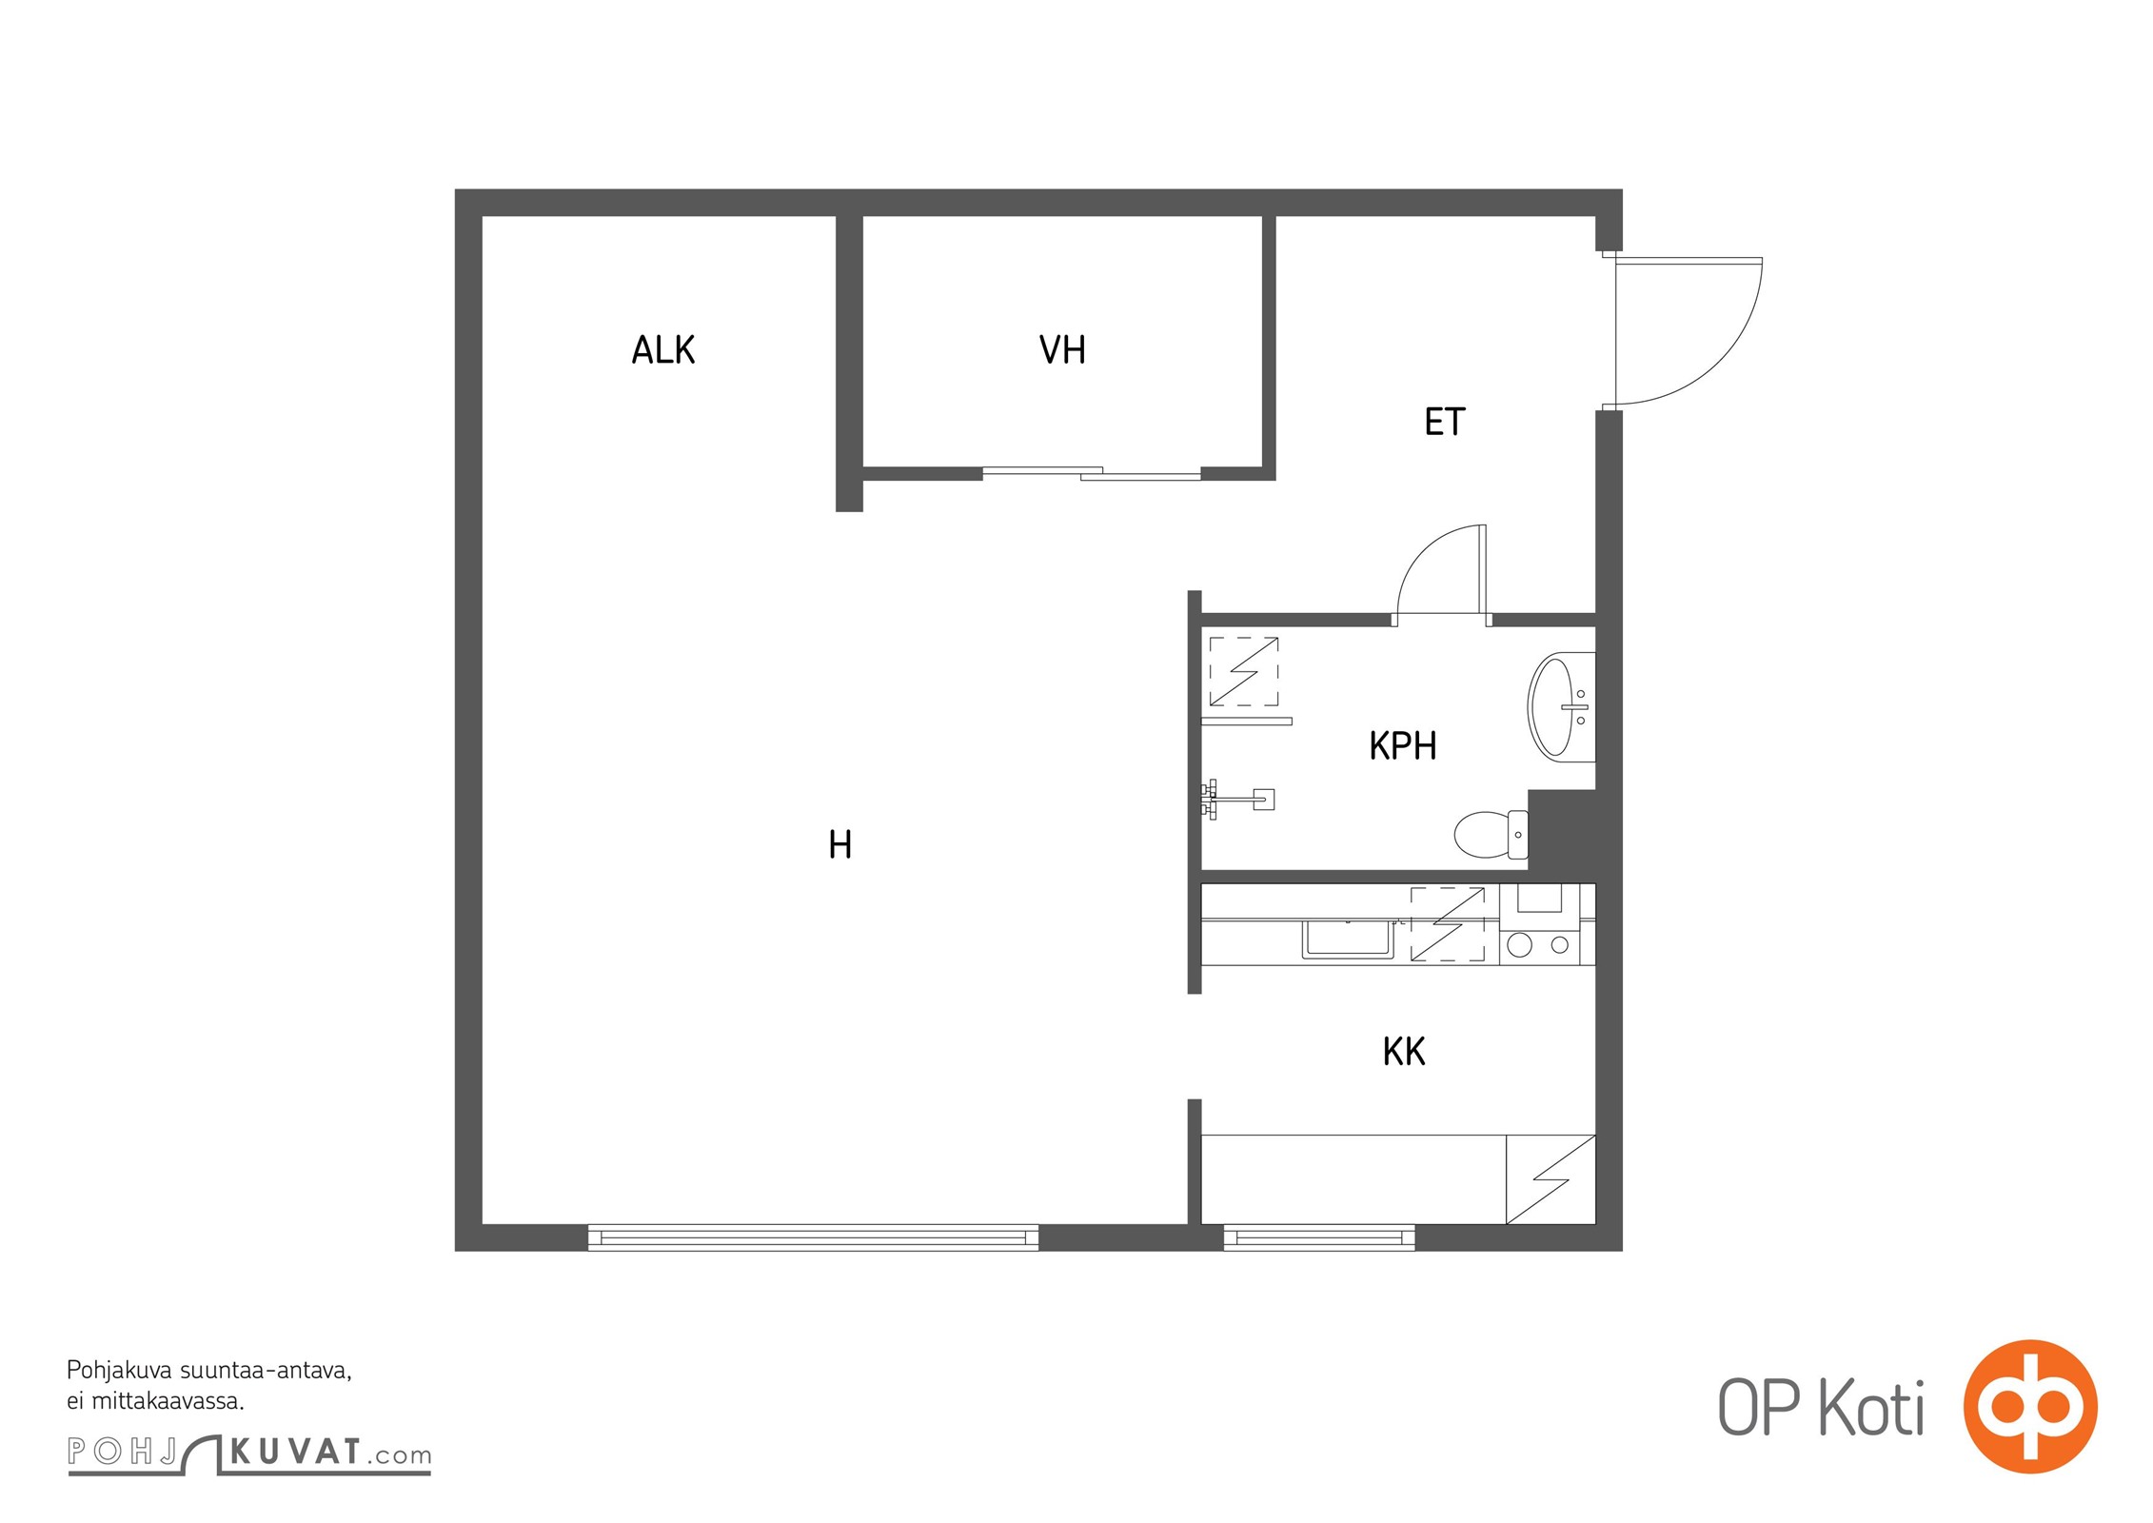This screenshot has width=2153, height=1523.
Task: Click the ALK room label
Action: coord(663,349)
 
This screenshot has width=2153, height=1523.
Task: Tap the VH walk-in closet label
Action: coord(1062,349)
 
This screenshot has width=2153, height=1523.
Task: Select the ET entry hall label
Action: coord(1444,422)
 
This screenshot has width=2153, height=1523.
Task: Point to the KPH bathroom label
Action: coord(1402,745)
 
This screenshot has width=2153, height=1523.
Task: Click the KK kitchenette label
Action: coord(1404,1052)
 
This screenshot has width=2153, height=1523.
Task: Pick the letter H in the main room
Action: coord(839,844)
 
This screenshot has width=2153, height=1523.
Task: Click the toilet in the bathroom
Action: coord(1491,834)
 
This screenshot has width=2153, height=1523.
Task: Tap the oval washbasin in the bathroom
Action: coord(1561,707)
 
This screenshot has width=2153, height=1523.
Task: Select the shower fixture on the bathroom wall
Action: coord(1237,800)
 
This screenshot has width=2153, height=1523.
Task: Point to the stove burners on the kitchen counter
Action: coord(1539,945)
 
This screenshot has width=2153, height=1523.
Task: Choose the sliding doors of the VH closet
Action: coord(1092,472)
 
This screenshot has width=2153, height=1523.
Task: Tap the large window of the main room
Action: coord(813,1237)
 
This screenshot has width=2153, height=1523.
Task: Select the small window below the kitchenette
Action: coord(1318,1237)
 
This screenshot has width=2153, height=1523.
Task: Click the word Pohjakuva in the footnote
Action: coord(121,1372)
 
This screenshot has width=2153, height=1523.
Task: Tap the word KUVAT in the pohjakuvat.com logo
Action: coord(296,1452)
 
